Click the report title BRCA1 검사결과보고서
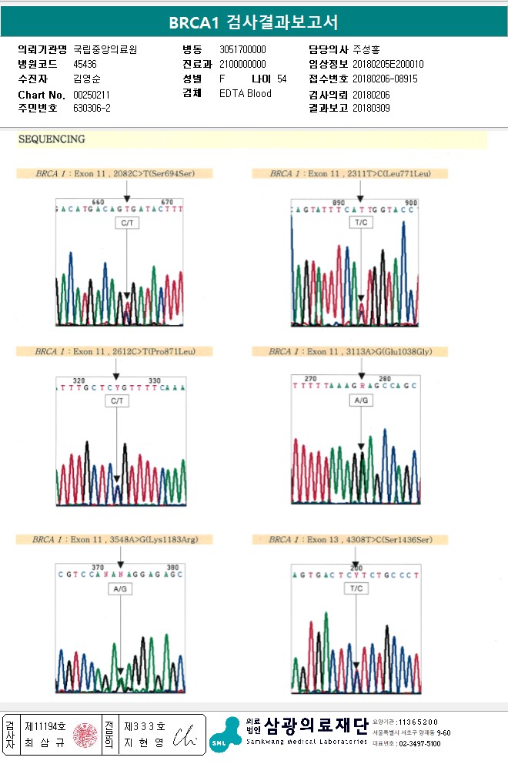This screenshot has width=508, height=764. [253, 22]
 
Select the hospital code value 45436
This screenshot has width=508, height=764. [85, 65]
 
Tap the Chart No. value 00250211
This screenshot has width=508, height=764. [92, 95]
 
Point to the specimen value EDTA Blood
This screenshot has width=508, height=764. [246, 94]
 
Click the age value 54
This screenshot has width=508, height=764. [282, 79]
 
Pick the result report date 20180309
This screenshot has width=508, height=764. [371, 109]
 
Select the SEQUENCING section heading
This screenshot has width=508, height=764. [52, 140]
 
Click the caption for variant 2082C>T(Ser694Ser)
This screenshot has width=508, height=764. [115, 174]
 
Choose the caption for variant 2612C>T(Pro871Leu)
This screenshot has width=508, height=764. [115, 352]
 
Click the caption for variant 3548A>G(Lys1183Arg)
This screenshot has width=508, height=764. [115, 540]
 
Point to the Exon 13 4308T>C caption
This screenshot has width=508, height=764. [350, 540]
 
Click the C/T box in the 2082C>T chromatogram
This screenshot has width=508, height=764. [126, 223]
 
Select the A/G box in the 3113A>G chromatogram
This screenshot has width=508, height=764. [361, 401]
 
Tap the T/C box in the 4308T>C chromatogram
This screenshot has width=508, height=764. [356, 588]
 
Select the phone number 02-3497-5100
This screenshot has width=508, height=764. [419, 744]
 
